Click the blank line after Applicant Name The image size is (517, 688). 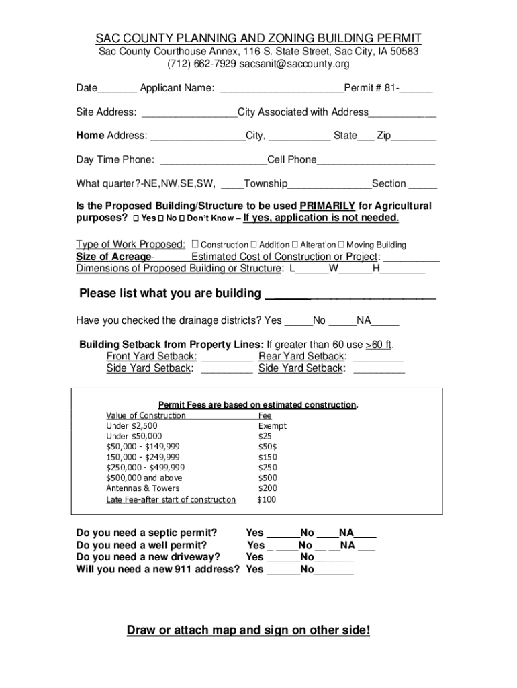coord(281,89)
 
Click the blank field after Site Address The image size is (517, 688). coord(189,112)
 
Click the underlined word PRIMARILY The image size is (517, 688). coord(327,206)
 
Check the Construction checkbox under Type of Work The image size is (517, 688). coord(195,245)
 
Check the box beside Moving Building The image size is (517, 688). coord(341,245)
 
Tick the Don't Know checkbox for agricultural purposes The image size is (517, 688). coord(182,219)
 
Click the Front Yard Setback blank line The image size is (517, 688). coord(227,356)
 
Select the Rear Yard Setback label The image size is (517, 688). coord(302,356)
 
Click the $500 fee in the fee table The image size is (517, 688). coord(267,478)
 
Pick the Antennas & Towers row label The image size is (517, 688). coord(143,488)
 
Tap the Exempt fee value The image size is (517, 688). coord(272,426)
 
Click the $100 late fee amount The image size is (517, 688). coord(267,499)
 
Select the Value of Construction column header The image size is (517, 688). coord(146,415)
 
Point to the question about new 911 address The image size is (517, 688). coord(158,569)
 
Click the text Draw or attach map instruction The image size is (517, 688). coord(248,630)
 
